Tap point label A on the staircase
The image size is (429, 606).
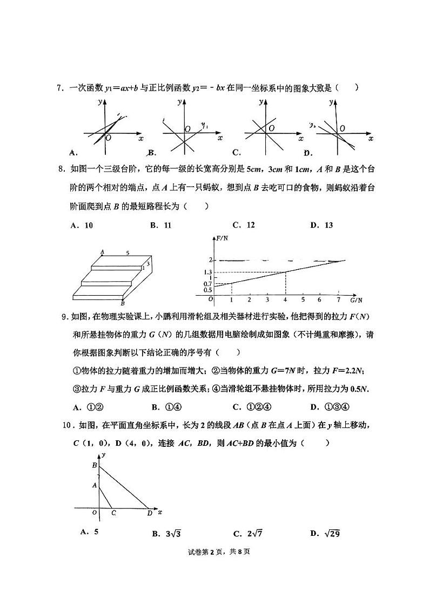point(102,252)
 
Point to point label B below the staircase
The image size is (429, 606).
point(123,304)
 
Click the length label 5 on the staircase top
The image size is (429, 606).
point(128,253)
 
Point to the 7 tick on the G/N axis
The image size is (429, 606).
point(338,299)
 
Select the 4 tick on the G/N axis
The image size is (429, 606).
point(285,299)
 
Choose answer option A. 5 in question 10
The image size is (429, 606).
point(89,532)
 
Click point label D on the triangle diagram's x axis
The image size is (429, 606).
point(149,514)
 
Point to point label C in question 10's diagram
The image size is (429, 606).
point(113,514)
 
